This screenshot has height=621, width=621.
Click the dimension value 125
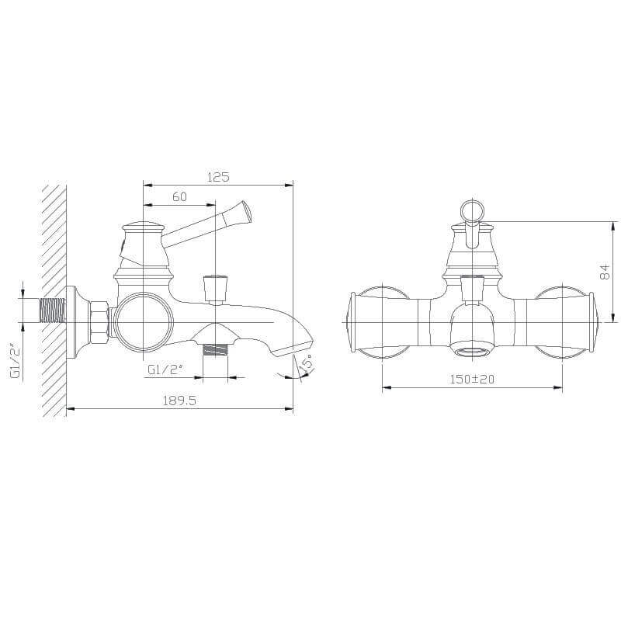coord(218,177)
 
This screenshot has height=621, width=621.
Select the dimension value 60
coord(180,196)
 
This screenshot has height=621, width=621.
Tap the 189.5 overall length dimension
coord(179,401)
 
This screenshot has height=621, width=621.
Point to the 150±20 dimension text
coord(472,379)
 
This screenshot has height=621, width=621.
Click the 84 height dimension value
coord(605,272)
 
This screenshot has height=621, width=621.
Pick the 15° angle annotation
coord(307,363)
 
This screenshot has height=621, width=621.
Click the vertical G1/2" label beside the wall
coord(16,359)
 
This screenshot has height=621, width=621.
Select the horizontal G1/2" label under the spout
coord(165,369)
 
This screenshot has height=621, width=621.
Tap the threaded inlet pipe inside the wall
coord(52,310)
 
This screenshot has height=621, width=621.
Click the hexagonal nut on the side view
coord(99,321)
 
